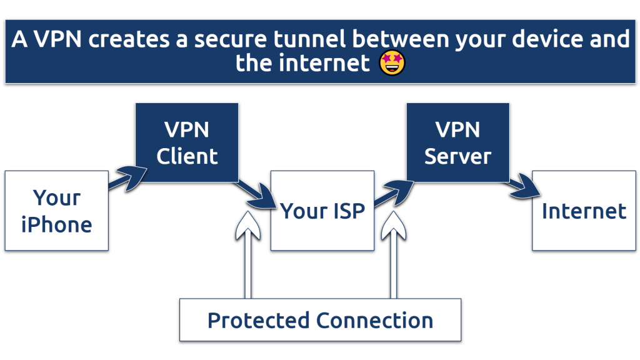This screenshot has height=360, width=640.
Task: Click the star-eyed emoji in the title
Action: click(x=392, y=63)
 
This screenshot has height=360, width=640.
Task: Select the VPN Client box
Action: click(x=187, y=143)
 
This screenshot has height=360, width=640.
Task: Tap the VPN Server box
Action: click(x=457, y=143)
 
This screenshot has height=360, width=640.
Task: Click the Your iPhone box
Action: click(x=56, y=211)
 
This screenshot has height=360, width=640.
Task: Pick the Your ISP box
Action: click(x=322, y=211)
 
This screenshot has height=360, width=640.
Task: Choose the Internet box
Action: click(x=584, y=211)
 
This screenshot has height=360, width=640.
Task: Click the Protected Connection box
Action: click(x=320, y=320)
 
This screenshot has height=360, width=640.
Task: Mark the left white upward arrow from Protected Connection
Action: click(x=247, y=256)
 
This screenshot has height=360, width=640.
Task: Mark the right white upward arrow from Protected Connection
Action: click(x=394, y=256)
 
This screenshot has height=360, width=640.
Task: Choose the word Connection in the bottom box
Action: click(x=374, y=320)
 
